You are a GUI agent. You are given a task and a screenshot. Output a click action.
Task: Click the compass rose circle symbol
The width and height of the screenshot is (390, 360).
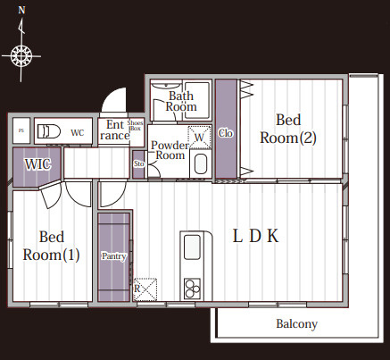tap(21, 55)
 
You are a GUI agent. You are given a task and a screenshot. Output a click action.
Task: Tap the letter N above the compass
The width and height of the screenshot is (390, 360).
tap(21, 10)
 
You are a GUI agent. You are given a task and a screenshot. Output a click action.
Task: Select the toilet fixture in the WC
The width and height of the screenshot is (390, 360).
tap(48, 131)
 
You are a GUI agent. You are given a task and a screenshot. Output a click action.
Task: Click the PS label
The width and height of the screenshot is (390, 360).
tap(21, 130)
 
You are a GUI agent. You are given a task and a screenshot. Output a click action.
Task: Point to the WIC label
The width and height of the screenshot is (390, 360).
tap(37, 164)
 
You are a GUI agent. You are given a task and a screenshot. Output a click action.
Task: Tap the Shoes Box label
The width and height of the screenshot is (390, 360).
tap(135, 125)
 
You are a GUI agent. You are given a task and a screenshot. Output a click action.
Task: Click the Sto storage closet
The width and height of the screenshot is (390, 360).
tap(138, 164)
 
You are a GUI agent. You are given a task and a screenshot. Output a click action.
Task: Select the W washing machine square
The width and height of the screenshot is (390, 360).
tap(199, 138)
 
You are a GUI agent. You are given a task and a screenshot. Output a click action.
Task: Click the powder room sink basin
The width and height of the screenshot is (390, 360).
tap(200, 164)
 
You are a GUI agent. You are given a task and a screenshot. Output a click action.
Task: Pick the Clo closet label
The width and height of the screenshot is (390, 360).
tap(225, 133)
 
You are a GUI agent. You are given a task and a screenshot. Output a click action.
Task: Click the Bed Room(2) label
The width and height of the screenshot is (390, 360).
tap(288, 129)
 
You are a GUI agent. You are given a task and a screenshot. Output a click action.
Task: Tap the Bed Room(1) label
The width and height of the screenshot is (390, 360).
tap(52, 246)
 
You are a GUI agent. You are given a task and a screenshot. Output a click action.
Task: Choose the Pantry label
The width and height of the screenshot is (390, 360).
tap(114, 256)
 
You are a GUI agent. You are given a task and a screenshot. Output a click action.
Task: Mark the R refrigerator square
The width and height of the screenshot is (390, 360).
tap(145, 289)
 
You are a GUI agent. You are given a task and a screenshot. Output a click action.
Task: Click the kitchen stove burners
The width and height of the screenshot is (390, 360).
tap(192, 289)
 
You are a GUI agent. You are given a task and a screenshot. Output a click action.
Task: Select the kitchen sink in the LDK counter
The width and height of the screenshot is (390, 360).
tap(192, 247)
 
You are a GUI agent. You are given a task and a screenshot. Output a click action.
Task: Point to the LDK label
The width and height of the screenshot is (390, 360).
tap(256, 236)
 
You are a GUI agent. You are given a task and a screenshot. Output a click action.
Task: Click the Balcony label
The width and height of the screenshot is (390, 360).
tap(296, 324)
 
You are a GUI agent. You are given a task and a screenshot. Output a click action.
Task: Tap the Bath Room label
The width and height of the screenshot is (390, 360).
tap(181, 101)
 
